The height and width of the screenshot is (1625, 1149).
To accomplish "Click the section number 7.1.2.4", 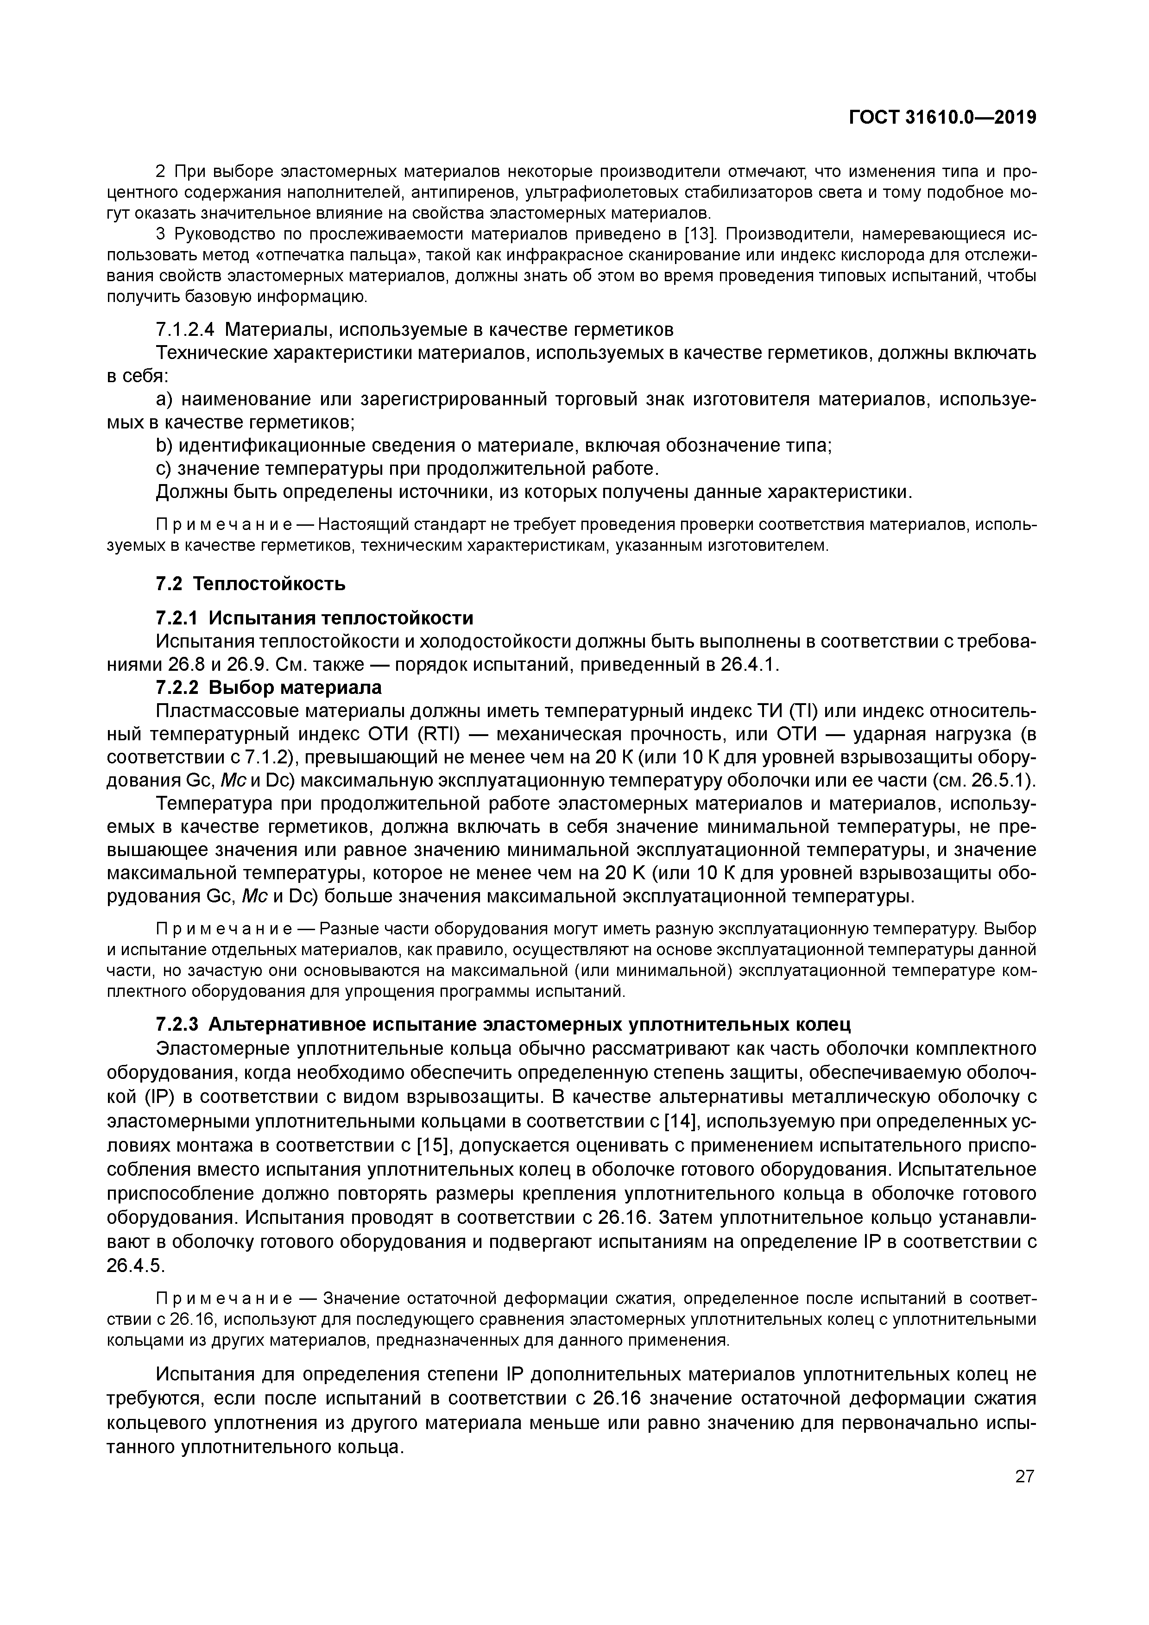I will [x=185, y=330].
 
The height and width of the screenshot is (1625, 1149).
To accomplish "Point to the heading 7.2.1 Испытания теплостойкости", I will [x=314, y=618].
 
